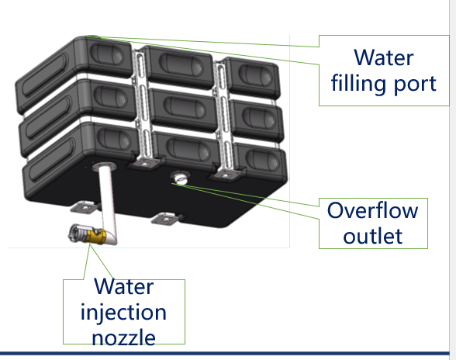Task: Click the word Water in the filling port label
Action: pos(384,57)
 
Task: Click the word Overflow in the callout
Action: pos(373,210)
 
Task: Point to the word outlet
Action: pos(373,236)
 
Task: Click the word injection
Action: pos(123,313)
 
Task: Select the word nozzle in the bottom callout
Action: pos(123,337)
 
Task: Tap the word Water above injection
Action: pos(124,286)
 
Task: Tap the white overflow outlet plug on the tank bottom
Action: pos(181,178)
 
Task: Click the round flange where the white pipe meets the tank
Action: pos(105,167)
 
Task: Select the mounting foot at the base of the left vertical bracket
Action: pos(144,164)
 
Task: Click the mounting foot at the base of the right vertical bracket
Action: pos(226,175)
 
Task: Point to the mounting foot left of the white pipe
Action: pos(84,207)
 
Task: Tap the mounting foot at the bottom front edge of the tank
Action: pos(166,218)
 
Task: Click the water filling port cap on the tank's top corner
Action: pos(92,37)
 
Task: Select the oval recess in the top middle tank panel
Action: pos(180,64)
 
